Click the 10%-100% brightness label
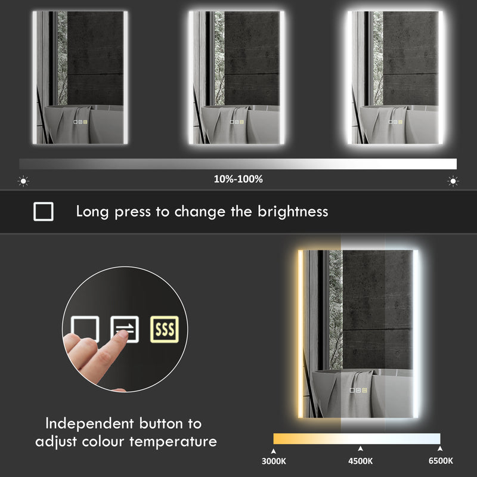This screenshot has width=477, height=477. (x=238, y=179)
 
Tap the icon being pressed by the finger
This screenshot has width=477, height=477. (x=124, y=329)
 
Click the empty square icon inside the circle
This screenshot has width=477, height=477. (x=85, y=329)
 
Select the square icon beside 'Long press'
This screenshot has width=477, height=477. (x=44, y=212)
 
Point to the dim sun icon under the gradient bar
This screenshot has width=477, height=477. (x=23, y=181)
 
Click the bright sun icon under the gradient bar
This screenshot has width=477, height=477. (x=453, y=181)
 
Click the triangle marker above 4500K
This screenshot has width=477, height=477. (x=360, y=448)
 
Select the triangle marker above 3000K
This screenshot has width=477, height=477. (x=274, y=448)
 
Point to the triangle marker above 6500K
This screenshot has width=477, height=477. (x=440, y=448)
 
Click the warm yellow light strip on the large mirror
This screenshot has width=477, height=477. (x=301, y=334)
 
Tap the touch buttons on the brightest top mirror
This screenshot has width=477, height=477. (x=395, y=122)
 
